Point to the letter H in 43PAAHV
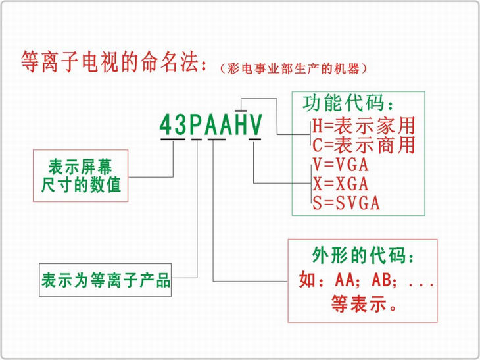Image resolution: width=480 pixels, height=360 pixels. coord(241,125)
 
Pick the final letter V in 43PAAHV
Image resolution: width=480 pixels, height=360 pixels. coord(256,125)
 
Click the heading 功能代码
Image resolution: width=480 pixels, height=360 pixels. coord(349,104)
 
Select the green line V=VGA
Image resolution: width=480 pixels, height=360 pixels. coord(340,163)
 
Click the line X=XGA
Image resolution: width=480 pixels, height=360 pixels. coord(340,182)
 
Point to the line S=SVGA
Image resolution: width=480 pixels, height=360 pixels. coord(347,202)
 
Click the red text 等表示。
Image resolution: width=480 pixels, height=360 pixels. coord(363,304)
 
